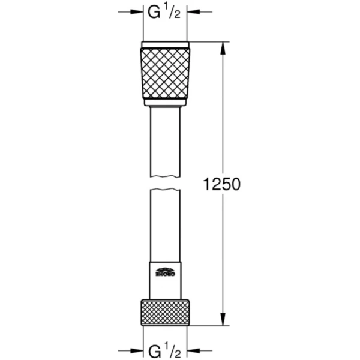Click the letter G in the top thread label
(153, 11)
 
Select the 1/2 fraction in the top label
(171, 11)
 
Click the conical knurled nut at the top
(164, 74)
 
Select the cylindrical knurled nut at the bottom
(164, 311)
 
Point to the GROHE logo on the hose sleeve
(164, 271)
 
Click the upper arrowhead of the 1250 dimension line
(224, 47)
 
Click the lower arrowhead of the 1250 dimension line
(224, 320)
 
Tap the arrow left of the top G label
(137, 11)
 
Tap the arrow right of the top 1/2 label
(193, 11)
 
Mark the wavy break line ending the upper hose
(164, 175)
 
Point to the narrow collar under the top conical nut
(164, 103)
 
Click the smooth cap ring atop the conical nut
(164, 44)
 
